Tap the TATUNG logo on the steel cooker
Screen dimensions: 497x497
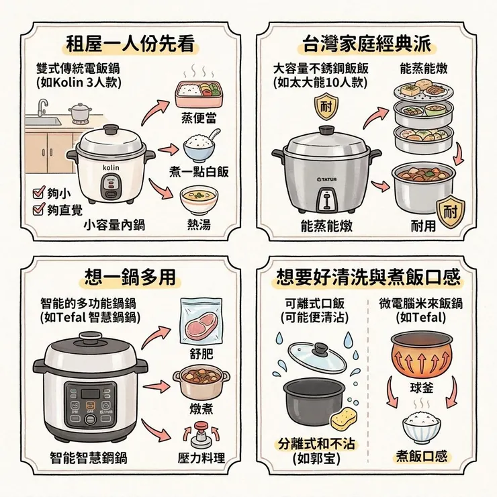(326, 179)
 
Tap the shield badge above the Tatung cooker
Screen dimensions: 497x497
(326, 105)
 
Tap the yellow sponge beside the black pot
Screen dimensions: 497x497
(347, 419)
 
